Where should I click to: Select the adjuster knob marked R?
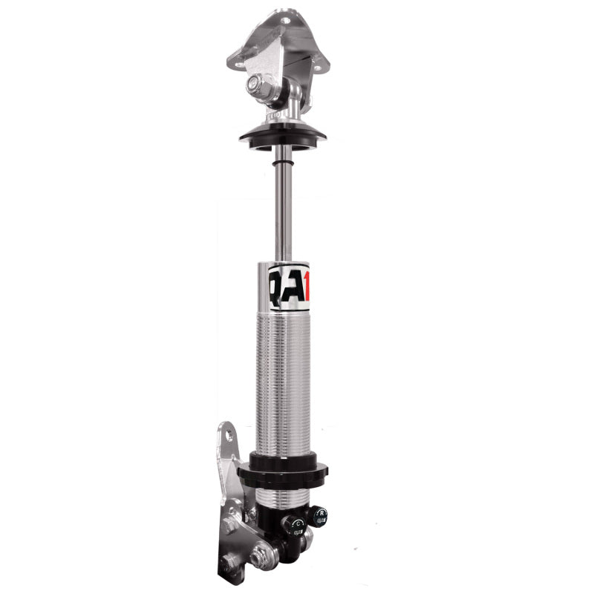[319, 515]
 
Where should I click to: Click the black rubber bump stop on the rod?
[283, 160]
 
